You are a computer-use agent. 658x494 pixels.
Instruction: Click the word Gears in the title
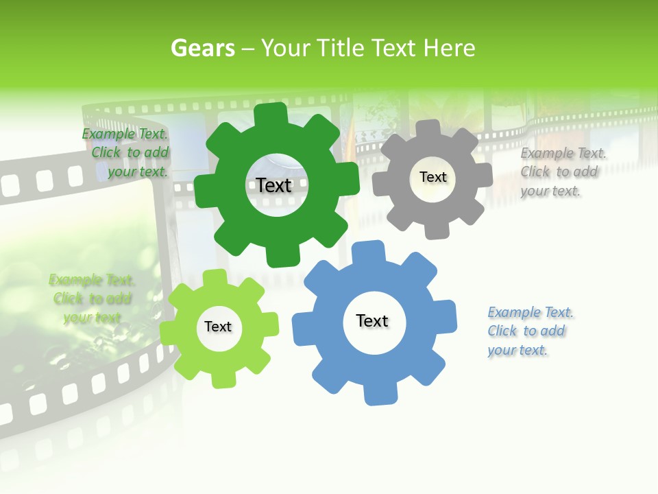point(203,48)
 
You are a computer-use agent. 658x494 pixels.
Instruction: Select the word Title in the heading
point(341,48)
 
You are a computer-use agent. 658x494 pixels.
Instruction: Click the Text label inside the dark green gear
point(274,185)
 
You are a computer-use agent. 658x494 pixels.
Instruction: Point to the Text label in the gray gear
point(433,177)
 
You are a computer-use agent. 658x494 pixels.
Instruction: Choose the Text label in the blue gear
point(372,320)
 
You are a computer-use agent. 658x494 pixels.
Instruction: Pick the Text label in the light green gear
point(218,327)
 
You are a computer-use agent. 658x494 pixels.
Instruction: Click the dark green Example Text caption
point(126,153)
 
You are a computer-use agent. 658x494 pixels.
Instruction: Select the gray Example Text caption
point(562,172)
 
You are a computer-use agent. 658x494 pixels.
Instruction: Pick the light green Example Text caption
point(92,298)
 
